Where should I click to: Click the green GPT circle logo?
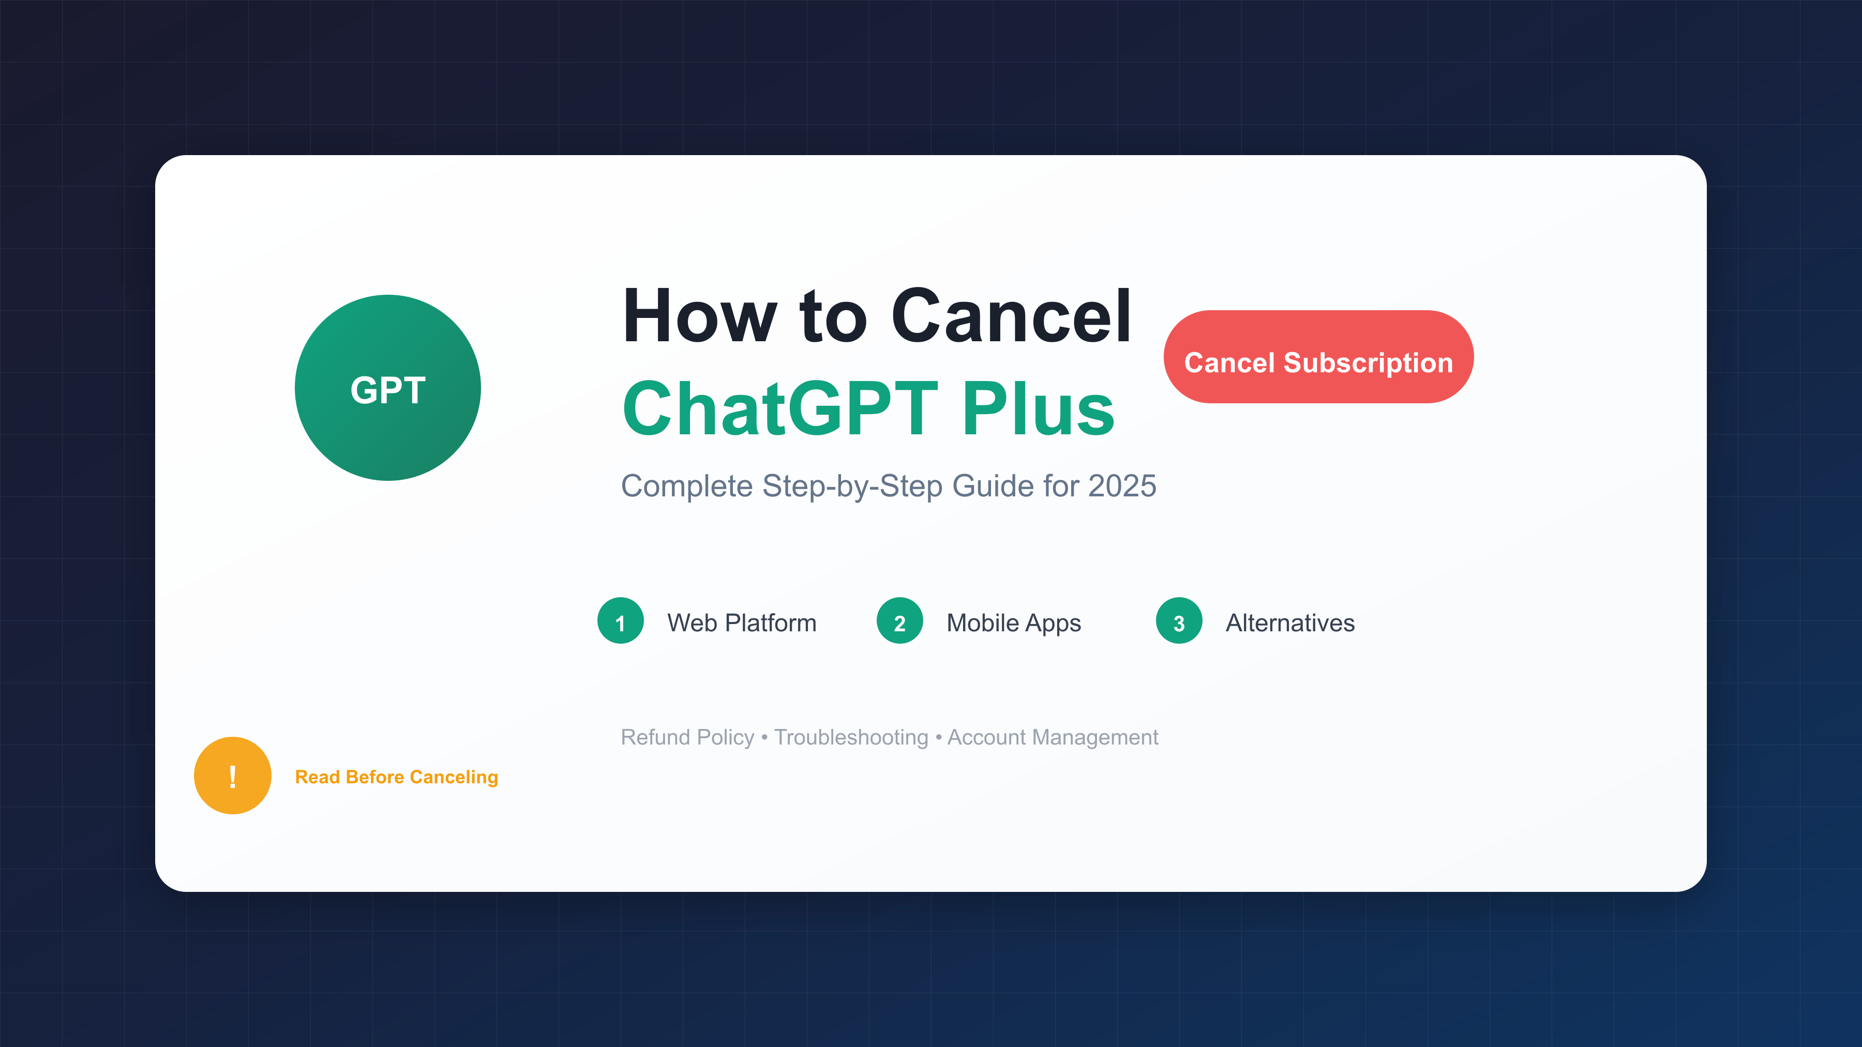pyautogui.click(x=387, y=387)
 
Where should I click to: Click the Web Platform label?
pyautogui.click(x=742, y=623)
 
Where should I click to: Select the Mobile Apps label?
pyautogui.click(x=1013, y=624)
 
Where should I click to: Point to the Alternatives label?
pyautogui.click(x=1290, y=623)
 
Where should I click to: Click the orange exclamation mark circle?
pyautogui.click(x=233, y=776)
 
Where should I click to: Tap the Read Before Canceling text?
pyautogui.click(x=396, y=777)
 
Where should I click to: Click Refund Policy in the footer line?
pyautogui.click(x=687, y=737)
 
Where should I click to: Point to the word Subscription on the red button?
pyautogui.click(x=1368, y=363)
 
